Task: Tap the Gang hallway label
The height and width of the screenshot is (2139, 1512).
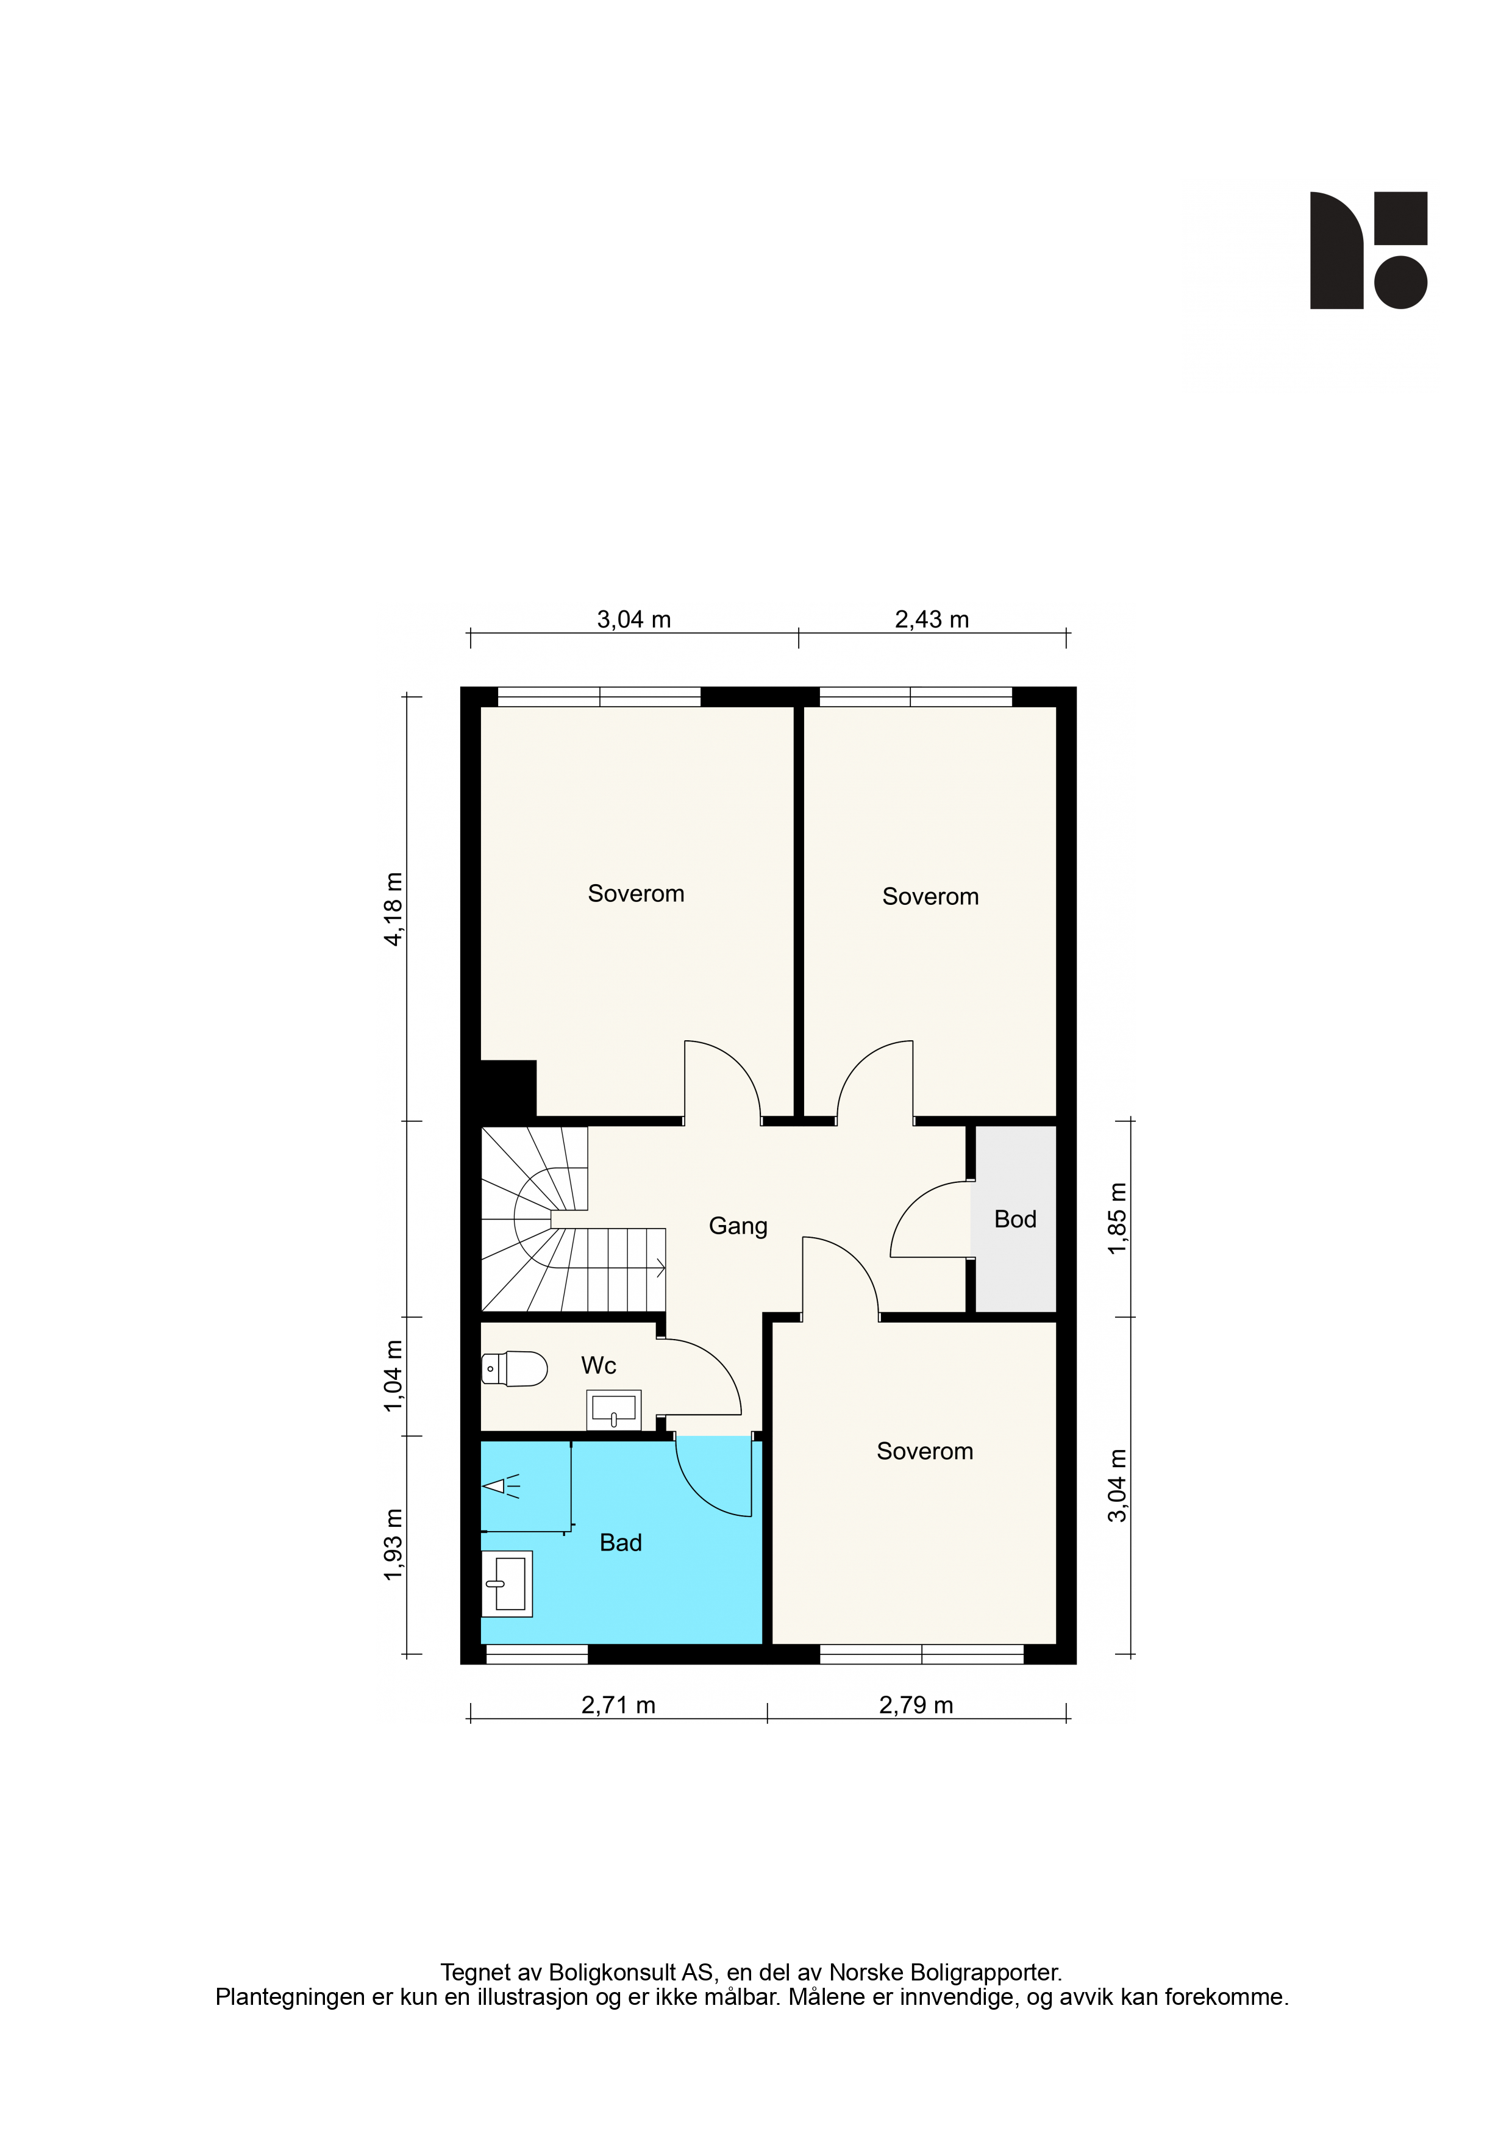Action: click(738, 1227)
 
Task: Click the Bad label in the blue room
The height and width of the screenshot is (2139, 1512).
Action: click(621, 1543)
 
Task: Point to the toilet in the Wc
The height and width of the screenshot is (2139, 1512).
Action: click(514, 1368)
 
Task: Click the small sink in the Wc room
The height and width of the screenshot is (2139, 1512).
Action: click(614, 1410)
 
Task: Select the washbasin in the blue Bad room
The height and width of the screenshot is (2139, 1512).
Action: click(507, 1584)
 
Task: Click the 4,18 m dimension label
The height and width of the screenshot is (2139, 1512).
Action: click(394, 909)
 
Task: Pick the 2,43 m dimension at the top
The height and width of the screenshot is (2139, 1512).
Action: click(932, 620)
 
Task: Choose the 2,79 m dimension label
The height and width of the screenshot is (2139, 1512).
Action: click(916, 1705)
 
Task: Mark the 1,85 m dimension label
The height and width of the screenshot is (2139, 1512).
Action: click(1118, 1218)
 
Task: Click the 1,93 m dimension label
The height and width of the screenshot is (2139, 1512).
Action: click(394, 1544)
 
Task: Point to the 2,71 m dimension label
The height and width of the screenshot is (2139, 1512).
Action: click(619, 1705)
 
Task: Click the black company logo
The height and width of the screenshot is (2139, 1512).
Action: click(1369, 251)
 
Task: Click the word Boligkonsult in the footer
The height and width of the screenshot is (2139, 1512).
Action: click(612, 1973)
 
